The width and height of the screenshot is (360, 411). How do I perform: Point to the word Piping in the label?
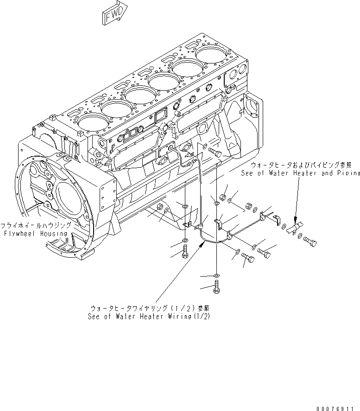tap(347, 173)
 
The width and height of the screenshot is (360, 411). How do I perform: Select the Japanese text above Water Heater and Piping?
tap(301, 165)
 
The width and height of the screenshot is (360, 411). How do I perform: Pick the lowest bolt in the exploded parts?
tap(217, 287)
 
